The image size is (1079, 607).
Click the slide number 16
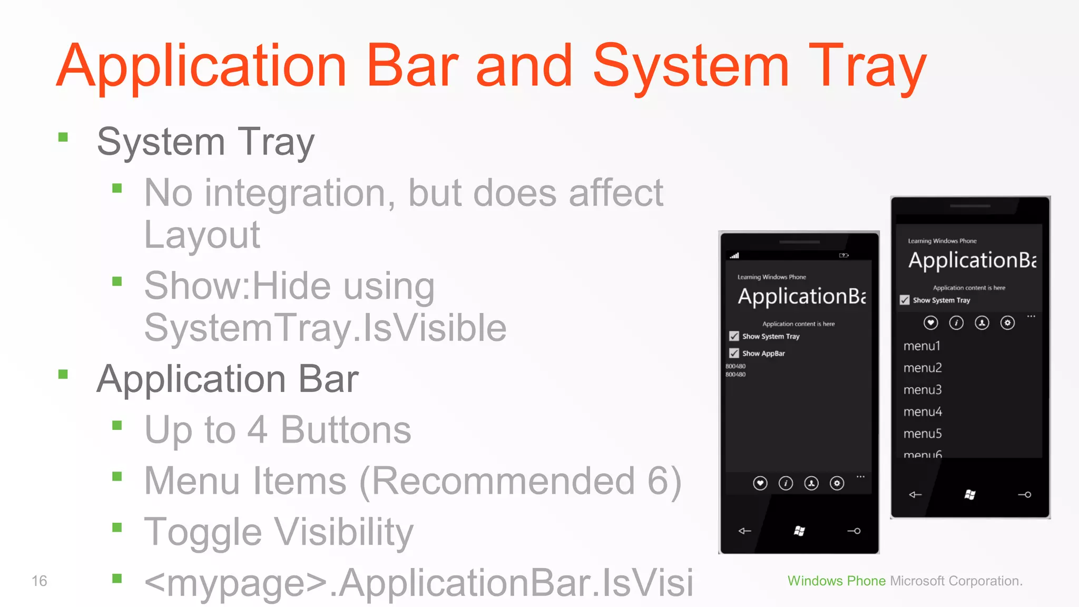[x=39, y=581]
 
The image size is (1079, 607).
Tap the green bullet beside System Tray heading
[x=63, y=138]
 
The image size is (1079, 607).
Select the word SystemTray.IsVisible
[x=325, y=328]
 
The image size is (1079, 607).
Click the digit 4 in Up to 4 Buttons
[x=257, y=430]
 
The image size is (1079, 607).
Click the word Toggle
[x=202, y=532]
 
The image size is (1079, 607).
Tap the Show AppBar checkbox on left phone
[x=734, y=353]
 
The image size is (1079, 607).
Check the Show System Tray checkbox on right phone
[x=905, y=300]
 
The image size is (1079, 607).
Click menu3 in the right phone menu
[x=923, y=390]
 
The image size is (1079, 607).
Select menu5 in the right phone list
[x=923, y=434]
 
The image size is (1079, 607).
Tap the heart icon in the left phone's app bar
[x=760, y=483]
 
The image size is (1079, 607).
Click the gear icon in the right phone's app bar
[x=1007, y=322]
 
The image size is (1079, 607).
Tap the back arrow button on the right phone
[x=915, y=494]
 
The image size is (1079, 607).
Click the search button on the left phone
[x=854, y=531]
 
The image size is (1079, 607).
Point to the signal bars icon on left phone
[x=734, y=256]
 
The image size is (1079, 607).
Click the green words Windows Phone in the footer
[x=836, y=581]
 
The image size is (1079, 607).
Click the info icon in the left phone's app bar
[x=786, y=483]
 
